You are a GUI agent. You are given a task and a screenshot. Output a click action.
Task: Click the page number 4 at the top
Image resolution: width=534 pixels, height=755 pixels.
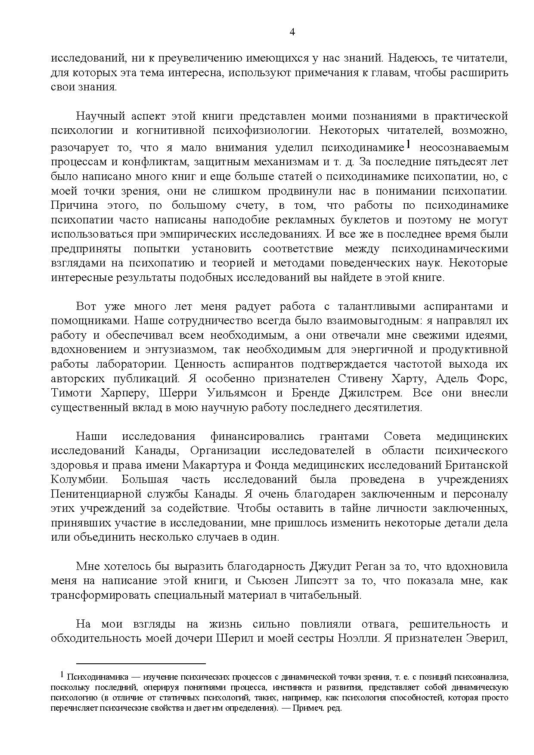292,32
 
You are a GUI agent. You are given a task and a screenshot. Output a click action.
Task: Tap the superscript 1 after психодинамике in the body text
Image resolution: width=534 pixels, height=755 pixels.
409,145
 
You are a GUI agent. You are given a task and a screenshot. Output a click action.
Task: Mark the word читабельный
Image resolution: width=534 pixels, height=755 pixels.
328,595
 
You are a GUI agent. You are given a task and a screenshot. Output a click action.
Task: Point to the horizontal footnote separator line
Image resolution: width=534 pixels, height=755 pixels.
141,663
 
